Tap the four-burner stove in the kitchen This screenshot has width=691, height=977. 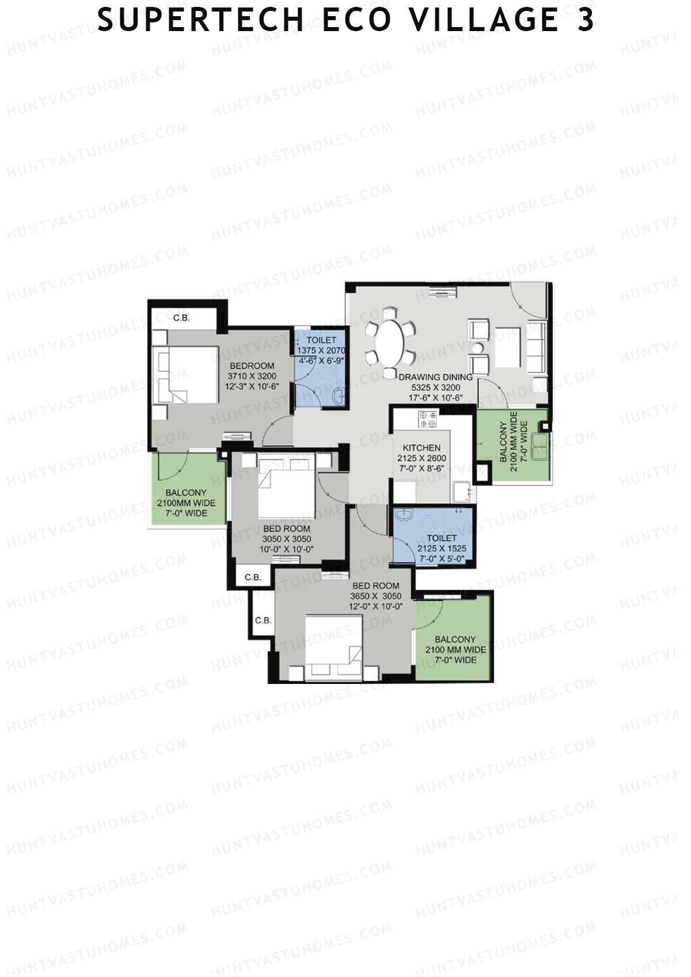427,419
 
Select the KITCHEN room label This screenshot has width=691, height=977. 422,447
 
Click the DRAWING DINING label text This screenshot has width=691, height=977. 435,377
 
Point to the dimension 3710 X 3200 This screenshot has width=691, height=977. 252,376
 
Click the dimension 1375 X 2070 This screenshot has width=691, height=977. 321,350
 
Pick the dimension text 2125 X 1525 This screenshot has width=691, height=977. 442,548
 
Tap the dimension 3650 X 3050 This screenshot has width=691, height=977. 376,596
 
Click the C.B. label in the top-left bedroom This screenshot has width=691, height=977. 181,318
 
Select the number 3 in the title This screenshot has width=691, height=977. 586,20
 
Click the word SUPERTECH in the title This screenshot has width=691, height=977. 200,20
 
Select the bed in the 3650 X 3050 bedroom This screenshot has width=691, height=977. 334,647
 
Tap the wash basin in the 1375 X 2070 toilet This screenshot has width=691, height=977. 339,397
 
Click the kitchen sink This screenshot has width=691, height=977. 461,492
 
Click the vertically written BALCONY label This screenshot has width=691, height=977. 503,442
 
